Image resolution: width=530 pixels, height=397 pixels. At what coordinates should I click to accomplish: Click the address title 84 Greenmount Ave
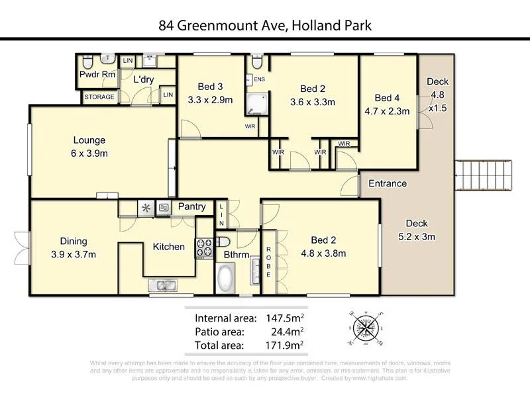[x=264, y=26]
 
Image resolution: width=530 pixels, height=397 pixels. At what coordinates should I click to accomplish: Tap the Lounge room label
[x=89, y=140]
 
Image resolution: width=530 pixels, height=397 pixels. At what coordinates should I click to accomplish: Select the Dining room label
[x=74, y=242]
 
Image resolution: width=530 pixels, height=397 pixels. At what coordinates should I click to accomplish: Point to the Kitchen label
[x=169, y=247]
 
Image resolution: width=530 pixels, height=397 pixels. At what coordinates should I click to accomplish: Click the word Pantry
[x=191, y=206]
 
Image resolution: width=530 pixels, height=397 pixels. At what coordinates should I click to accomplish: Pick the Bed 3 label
[x=210, y=87]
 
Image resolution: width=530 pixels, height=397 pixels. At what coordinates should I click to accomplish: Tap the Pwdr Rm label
[x=97, y=75]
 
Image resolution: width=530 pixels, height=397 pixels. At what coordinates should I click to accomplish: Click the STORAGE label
[x=99, y=97]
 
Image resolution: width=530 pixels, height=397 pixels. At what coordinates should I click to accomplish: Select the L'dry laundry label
[x=143, y=79]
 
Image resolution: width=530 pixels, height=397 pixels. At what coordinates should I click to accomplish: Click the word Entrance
[x=388, y=183]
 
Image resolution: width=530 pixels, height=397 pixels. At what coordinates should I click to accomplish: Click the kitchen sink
[x=162, y=285]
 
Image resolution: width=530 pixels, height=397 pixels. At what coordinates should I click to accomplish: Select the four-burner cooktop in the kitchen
[x=203, y=247]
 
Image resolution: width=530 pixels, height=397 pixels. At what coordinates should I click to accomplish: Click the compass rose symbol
[x=364, y=328]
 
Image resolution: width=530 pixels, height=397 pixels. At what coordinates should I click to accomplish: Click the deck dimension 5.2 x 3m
[x=421, y=237]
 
